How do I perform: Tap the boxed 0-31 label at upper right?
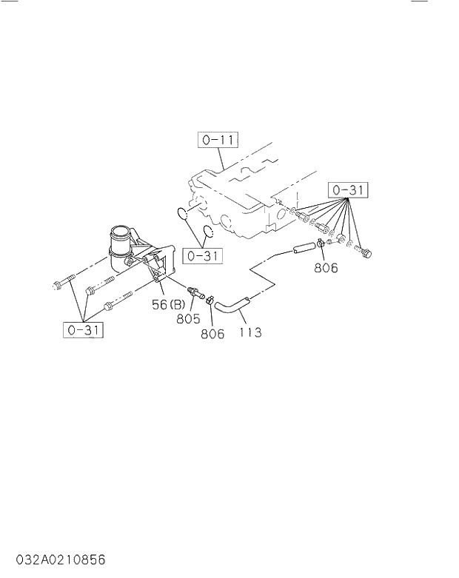349,190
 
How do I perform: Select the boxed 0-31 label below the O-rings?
203,256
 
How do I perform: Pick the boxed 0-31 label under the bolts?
83,330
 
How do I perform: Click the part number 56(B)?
169,304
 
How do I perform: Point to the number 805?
189,319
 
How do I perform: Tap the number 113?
250,332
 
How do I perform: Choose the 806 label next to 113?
212,334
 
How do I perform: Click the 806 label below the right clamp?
326,268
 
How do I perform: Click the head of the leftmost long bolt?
57,283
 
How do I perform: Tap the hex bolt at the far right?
365,254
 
